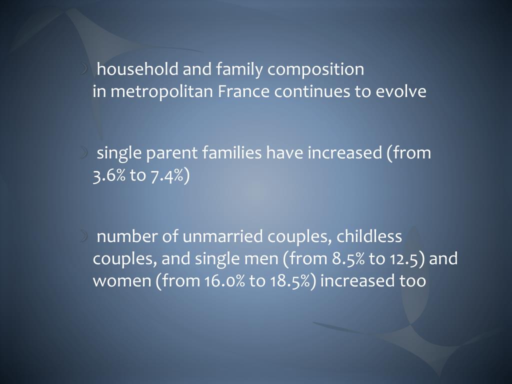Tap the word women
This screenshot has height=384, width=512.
tap(121, 281)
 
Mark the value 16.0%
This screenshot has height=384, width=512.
tap(224, 281)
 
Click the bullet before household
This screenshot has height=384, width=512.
tap(85, 69)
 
